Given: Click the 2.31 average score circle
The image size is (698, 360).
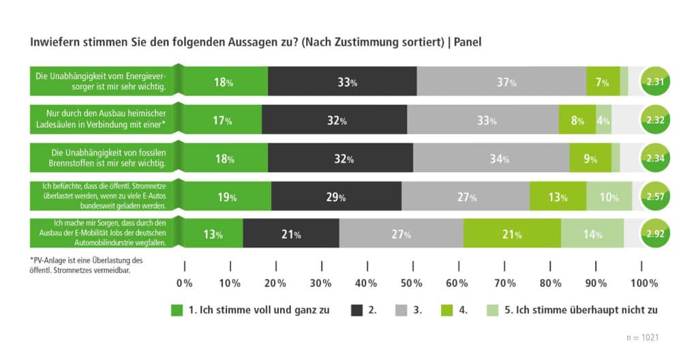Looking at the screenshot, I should click(x=656, y=82).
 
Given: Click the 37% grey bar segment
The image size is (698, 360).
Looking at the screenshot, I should click(x=501, y=82).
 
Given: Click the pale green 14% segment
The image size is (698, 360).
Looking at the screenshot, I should click(x=592, y=234).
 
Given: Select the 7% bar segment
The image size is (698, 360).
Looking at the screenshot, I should click(x=603, y=82).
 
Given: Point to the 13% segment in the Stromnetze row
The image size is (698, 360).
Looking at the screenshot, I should click(x=558, y=196).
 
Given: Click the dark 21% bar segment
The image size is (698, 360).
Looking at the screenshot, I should click(x=291, y=234).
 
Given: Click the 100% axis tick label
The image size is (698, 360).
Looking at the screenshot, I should click(x=643, y=283).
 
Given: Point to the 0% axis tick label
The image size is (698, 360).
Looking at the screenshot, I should click(x=184, y=283).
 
